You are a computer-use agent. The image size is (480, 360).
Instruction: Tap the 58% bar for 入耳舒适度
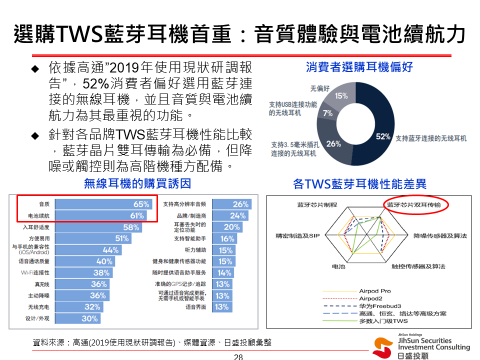tap(98, 227)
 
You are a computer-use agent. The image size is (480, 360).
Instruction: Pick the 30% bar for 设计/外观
tap(77, 318)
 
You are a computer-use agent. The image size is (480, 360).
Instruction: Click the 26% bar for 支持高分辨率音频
tap(231, 204)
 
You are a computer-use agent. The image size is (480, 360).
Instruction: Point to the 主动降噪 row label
tap(38, 295)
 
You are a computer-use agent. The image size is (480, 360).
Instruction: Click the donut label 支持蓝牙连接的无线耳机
tap(431, 138)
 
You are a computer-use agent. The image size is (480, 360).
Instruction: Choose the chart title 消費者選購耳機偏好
tap(359, 67)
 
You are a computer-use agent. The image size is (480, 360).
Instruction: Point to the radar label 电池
tap(338, 266)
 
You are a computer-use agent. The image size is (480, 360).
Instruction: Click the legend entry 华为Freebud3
tap(380, 306)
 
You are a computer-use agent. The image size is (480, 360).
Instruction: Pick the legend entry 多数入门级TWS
tap(383, 321)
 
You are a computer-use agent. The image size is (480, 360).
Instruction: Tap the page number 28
tap(238, 356)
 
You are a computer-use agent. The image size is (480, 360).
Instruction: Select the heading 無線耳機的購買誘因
tap(137, 184)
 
